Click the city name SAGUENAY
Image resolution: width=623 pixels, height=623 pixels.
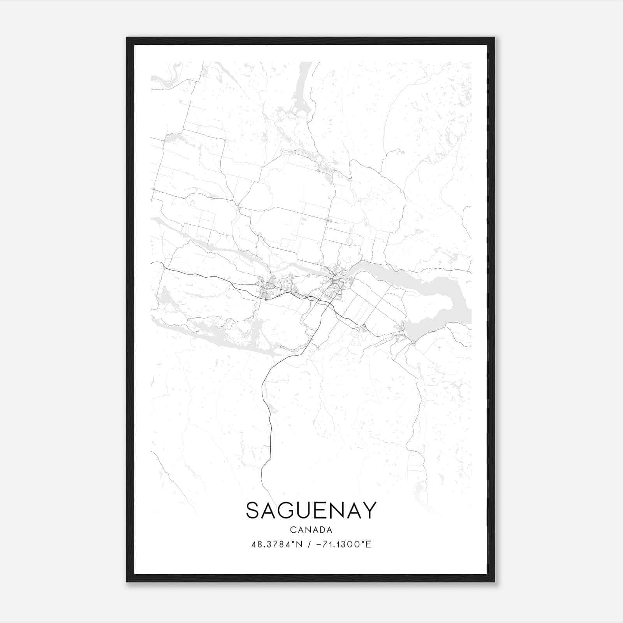tap(311, 510)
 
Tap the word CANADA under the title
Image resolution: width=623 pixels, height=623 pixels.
tap(311, 530)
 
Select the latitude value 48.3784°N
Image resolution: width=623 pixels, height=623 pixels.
tap(277, 544)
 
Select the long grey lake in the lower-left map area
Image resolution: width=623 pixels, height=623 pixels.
tap(218, 339)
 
